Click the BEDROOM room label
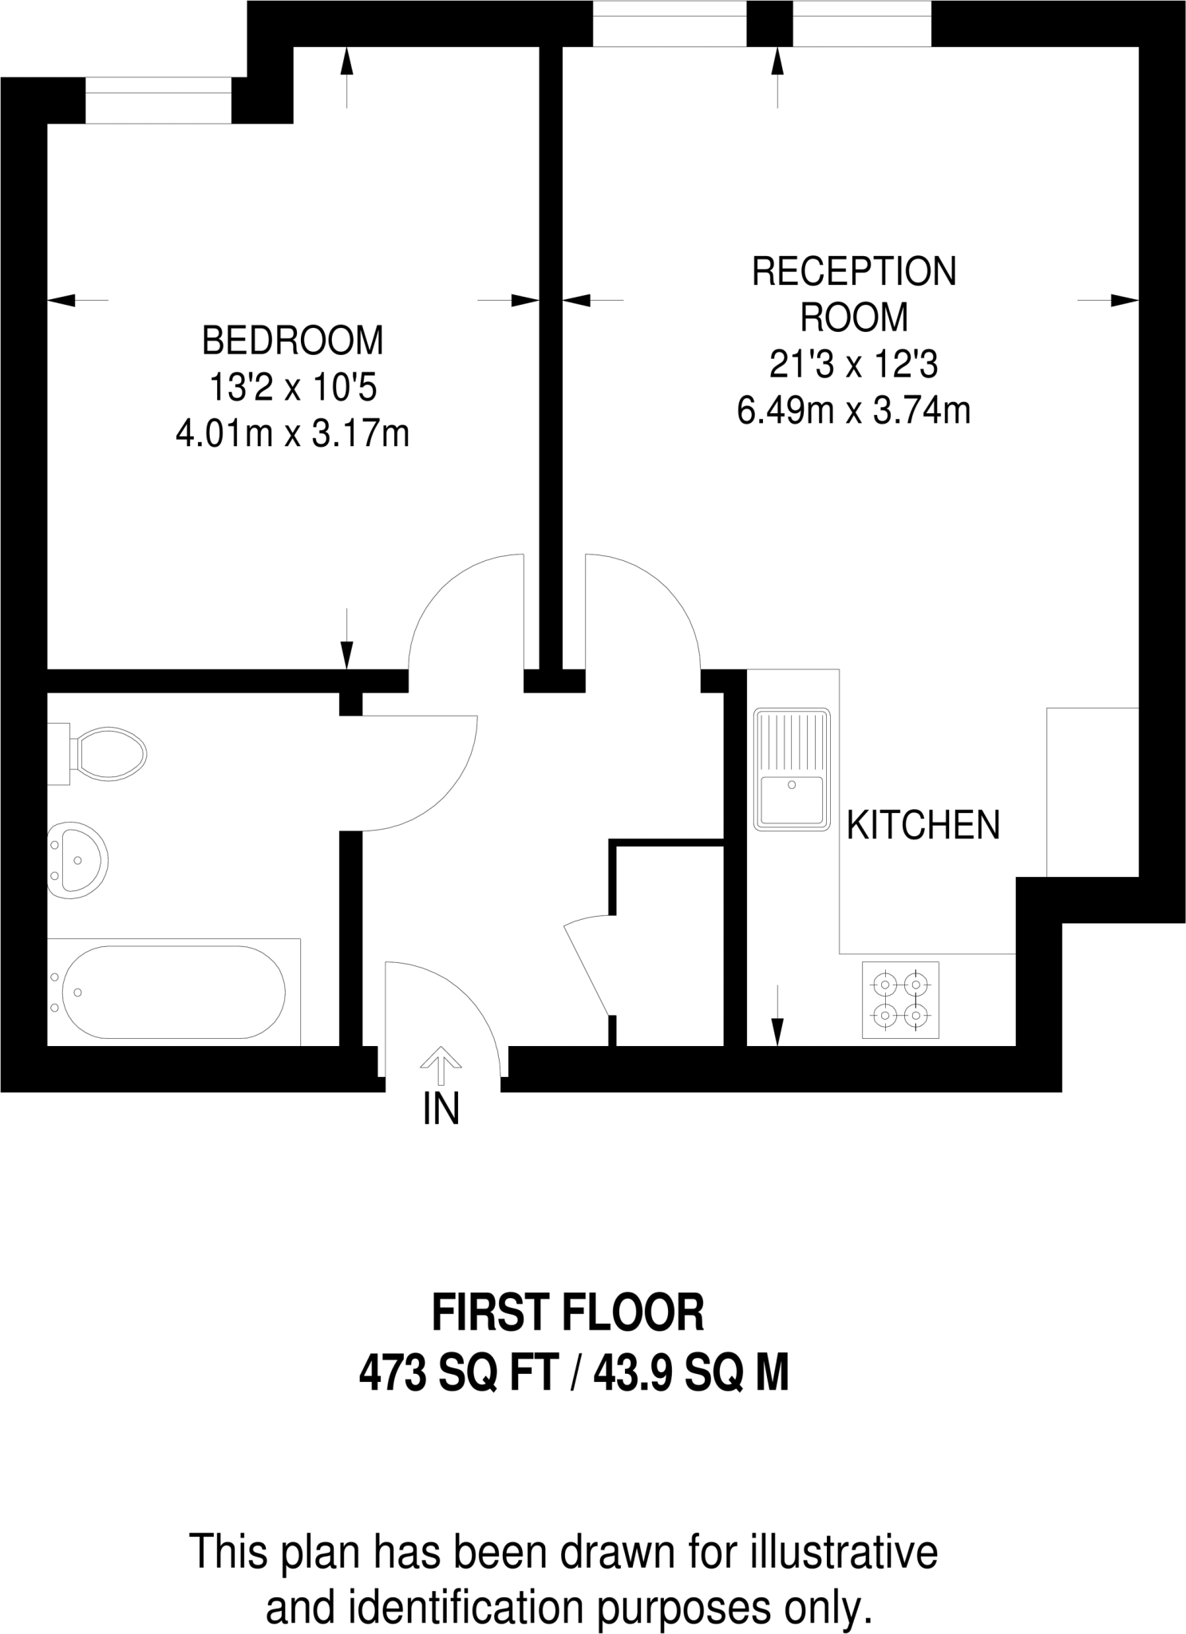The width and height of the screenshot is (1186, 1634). pos(292,341)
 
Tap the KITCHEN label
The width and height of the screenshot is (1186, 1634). pos(923,825)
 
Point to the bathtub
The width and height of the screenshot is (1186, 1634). pos(172,992)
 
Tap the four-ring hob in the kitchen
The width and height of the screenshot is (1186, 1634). pos(900,999)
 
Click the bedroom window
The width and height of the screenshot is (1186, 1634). pos(158,101)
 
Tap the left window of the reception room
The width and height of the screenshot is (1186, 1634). pos(669,23)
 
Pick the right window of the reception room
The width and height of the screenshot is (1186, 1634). pos(861,23)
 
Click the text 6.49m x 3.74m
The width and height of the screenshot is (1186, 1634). pos(853,412)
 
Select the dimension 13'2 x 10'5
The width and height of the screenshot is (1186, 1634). pos(292,389)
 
